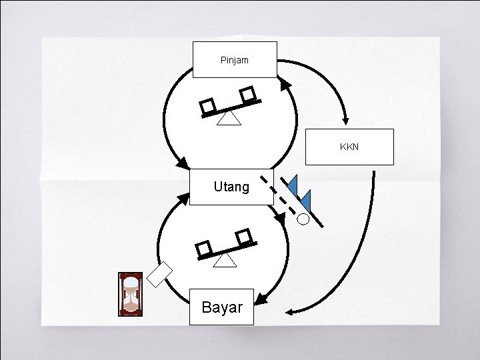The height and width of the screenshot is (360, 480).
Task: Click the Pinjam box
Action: (x=235, y=60)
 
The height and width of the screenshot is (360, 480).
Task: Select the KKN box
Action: (x=349, y=147)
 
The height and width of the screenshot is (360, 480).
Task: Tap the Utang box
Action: (x=231, y=187)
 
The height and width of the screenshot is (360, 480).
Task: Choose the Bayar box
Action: (x=221, y=307)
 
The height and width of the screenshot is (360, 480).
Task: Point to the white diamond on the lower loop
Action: (x=160, y=274)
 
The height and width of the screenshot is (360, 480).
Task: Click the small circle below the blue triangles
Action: (x=303, y=218)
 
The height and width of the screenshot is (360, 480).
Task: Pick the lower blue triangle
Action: (x=306, y=199)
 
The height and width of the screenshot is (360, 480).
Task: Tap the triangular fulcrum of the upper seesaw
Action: (x=229, y=118)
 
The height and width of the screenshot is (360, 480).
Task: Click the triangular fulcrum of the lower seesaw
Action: (x=225, y=260)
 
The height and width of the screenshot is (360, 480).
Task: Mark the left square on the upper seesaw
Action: (x=208, y=107)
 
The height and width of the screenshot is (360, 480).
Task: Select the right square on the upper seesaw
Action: (x=248, y=95)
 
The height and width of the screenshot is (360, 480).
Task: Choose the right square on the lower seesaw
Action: (x=244, y=235)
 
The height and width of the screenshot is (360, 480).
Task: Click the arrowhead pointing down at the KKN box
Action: (x=345, y=120)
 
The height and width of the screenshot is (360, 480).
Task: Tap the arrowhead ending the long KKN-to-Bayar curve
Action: (x=290, y=311)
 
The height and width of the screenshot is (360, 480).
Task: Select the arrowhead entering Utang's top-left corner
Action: (x=181, y=163)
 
